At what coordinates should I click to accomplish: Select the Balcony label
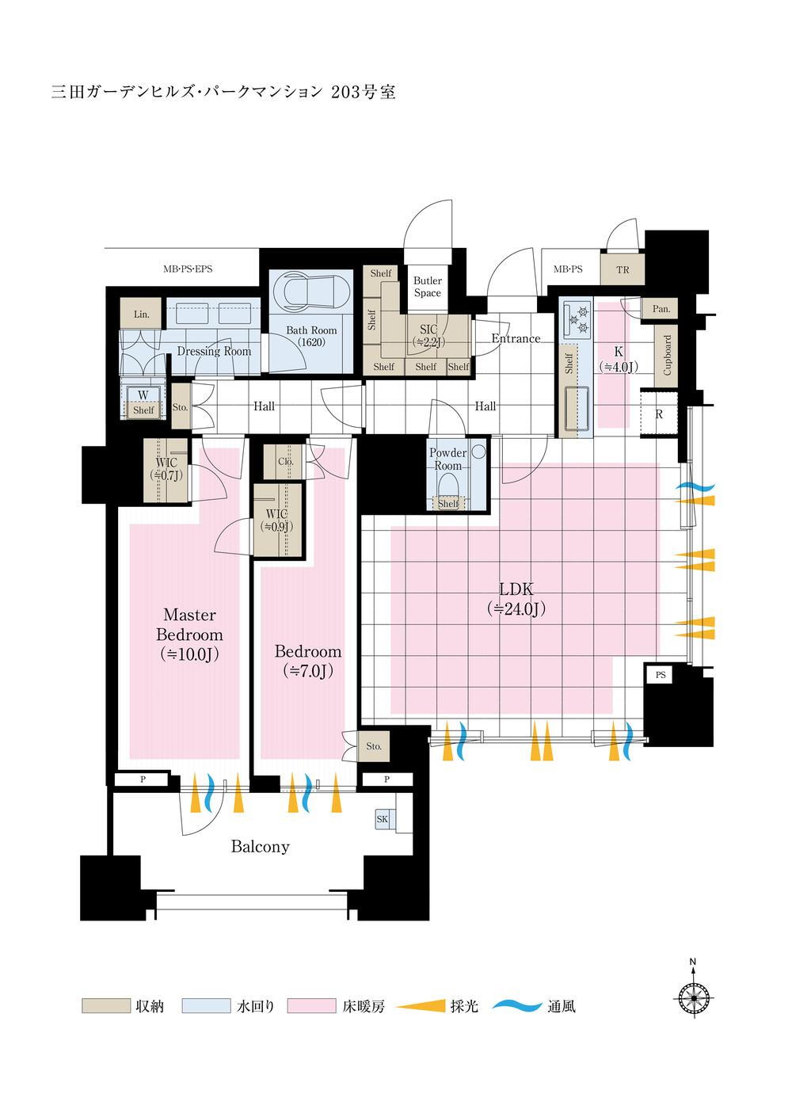click(x=260, y=846)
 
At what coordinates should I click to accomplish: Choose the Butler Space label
click(x=428, y=287)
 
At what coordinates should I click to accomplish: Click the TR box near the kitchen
click(x=623, y=269)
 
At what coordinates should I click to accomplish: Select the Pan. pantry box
click(x=660, y=309)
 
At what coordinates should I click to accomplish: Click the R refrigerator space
click(x=659, y=414)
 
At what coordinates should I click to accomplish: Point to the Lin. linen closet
click(x=141, y=314)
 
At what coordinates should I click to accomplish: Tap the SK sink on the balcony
click(x=382, y=819)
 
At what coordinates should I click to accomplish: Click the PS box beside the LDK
click(x=660, y=675)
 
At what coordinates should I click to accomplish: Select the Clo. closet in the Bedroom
click(x=286, y=462)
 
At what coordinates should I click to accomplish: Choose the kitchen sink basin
click(x=577, y=406)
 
